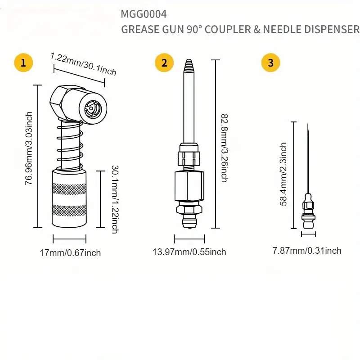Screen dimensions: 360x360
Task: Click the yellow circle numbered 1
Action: (x=23, y=63)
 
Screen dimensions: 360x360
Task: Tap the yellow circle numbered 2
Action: (x=164, y=63)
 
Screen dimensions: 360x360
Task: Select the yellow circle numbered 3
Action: (x=270, y=63)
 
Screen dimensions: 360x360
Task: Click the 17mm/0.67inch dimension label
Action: (x=70, y=252)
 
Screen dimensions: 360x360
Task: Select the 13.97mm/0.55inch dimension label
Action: (x=189, y=252)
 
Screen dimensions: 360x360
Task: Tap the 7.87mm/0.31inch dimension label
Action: (x=307, y=251)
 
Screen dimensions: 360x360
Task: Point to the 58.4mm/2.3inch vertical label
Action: (x=283, y=174)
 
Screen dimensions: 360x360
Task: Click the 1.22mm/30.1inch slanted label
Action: (x=83, y=65)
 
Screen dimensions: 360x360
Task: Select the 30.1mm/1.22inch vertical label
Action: (x=114, y=199)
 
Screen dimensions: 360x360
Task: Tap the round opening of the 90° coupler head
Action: (x=92, y=108)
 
